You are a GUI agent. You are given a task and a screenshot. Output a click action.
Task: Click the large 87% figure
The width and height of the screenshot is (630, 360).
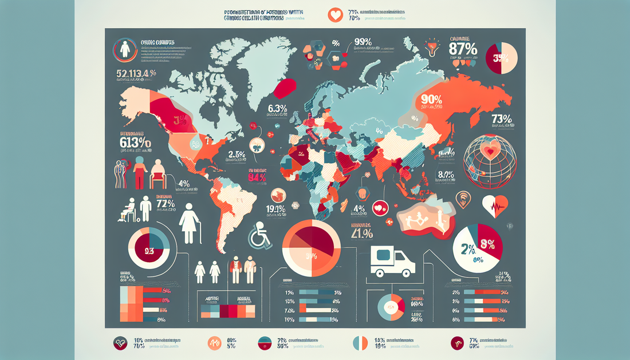coord(464,49)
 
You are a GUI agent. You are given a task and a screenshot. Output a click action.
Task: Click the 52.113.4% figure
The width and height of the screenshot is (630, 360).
coord(136,73)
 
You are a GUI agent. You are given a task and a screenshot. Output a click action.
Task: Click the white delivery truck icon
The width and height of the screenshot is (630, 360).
coord(393,263)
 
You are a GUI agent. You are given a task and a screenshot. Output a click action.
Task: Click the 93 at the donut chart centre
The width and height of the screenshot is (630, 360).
coord(148,250)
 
